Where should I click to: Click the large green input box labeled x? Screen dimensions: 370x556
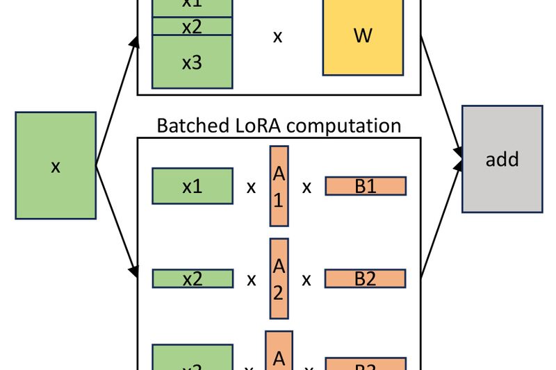point(56,166)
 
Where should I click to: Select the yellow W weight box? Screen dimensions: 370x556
point(363,37)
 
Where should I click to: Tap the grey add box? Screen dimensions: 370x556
point(502,159)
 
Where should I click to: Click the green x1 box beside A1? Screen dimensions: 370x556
point(192,186)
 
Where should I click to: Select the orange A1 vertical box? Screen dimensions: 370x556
point(279,186)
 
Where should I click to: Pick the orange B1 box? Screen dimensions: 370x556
point(366,186)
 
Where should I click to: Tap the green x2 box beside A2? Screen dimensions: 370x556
point(192,279)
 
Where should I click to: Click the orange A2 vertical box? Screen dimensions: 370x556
point(279,278)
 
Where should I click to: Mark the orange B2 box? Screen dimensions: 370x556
point(366,279)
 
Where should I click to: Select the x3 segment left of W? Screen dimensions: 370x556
point(192,62)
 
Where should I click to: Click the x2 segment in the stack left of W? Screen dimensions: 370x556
point(192,27)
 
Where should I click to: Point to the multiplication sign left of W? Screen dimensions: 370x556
point(277,37)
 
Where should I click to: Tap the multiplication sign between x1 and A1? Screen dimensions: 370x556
point(251,187)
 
